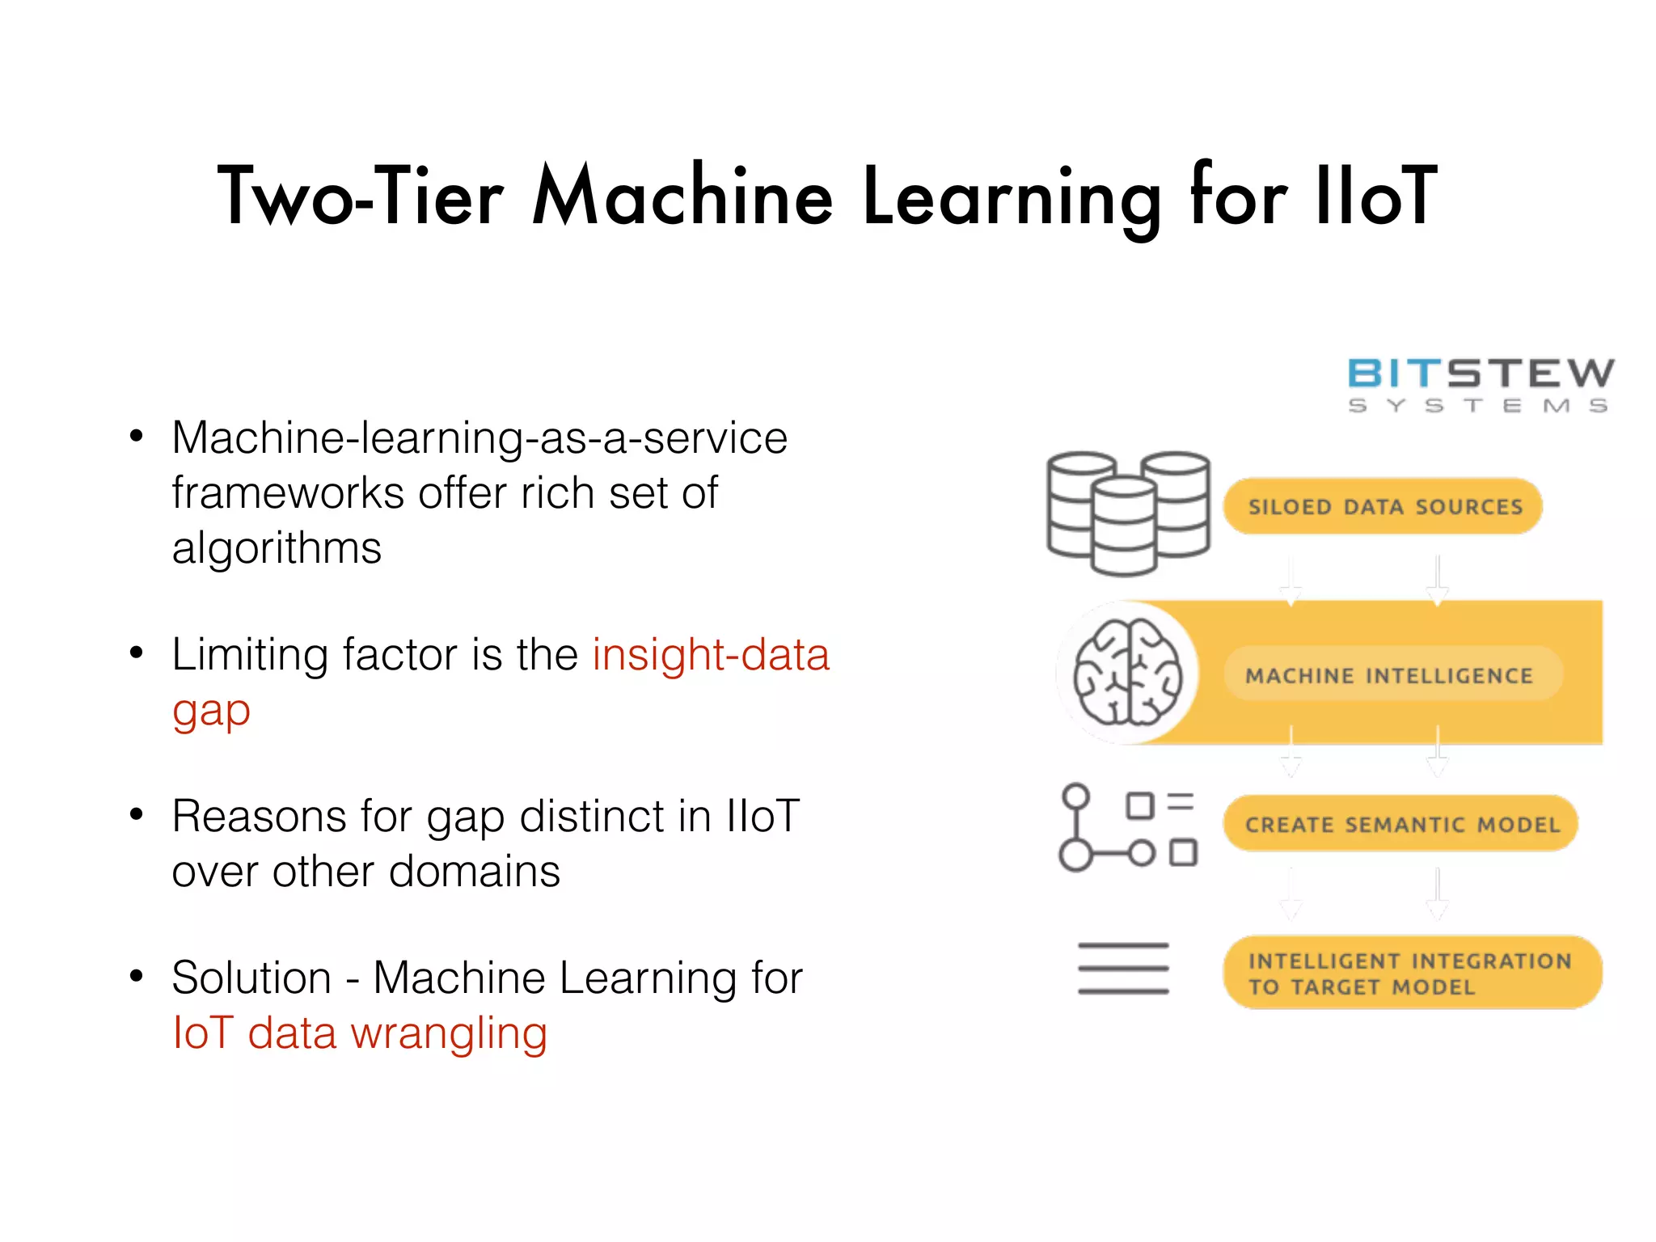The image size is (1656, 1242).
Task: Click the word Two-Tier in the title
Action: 361,196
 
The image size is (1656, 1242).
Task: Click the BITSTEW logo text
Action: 1480,374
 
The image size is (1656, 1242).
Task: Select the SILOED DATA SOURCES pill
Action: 1384,507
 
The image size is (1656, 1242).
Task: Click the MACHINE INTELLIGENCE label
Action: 1389,675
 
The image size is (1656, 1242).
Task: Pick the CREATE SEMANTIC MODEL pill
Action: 1401,824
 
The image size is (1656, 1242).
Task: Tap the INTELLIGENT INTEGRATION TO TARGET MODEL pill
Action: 1411,973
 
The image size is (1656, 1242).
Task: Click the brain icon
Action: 1127,672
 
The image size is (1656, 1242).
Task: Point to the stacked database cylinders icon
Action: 1127,513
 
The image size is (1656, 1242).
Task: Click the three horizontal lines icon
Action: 1123,968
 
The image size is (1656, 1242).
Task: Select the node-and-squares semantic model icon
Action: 1127,827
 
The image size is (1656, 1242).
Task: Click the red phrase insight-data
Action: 711,654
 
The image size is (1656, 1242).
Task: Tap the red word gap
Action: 211,712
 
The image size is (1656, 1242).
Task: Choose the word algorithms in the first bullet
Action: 277,549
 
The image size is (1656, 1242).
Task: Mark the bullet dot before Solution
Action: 137,977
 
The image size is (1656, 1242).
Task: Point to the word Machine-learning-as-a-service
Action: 479,438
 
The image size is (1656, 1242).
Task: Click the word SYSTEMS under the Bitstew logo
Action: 1477,406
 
